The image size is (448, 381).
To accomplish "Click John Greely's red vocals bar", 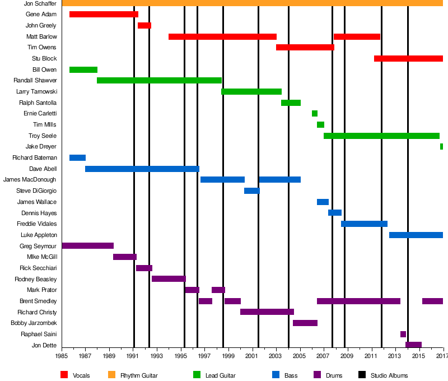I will pyautogui.click(x=144, y=25).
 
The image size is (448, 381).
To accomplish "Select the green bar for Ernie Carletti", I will pyautogui.click(x=315, y=114).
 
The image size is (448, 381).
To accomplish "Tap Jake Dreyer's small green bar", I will pyautogui.click(x=441, y=147).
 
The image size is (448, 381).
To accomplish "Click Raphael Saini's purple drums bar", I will pyautogui.click(x=403, y=334).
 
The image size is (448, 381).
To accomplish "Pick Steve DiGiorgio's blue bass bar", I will pyautogui.click(x=252, y=191).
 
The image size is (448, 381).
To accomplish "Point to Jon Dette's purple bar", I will pyautogui.click(x=413, y=345).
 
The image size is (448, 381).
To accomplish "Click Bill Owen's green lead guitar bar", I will pyautogui.click(x=83, y=70).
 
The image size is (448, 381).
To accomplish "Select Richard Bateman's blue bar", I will pyautogui.click(x=77, y=158).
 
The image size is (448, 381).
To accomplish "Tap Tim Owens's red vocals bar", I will pyautogui.click(x=305, y=48).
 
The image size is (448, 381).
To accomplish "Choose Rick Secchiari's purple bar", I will pyautogui.click(x=144, y=268).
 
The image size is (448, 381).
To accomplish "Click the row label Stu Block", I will pyautogui.click(x=44, y=59).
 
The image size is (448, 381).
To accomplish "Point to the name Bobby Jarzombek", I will pyautogui.click(x=34, y=323).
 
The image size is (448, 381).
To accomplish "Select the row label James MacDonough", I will pyautogui.click(x=30, y=180).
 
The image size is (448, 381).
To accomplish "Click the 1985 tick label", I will pyautogui.click(x=62, y=356).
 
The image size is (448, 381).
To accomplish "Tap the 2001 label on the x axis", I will pyautogui.click(x=252, y=356).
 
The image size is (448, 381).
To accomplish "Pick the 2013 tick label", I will pyautogui.click(x=395, y=356).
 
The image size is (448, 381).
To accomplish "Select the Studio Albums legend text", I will pyautogui.click(x=389, y=375).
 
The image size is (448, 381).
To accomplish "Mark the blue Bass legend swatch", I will pyautogui.click(x=276, y=375).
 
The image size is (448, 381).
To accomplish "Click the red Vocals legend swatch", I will pyautogui.click(x=64, y=375).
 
